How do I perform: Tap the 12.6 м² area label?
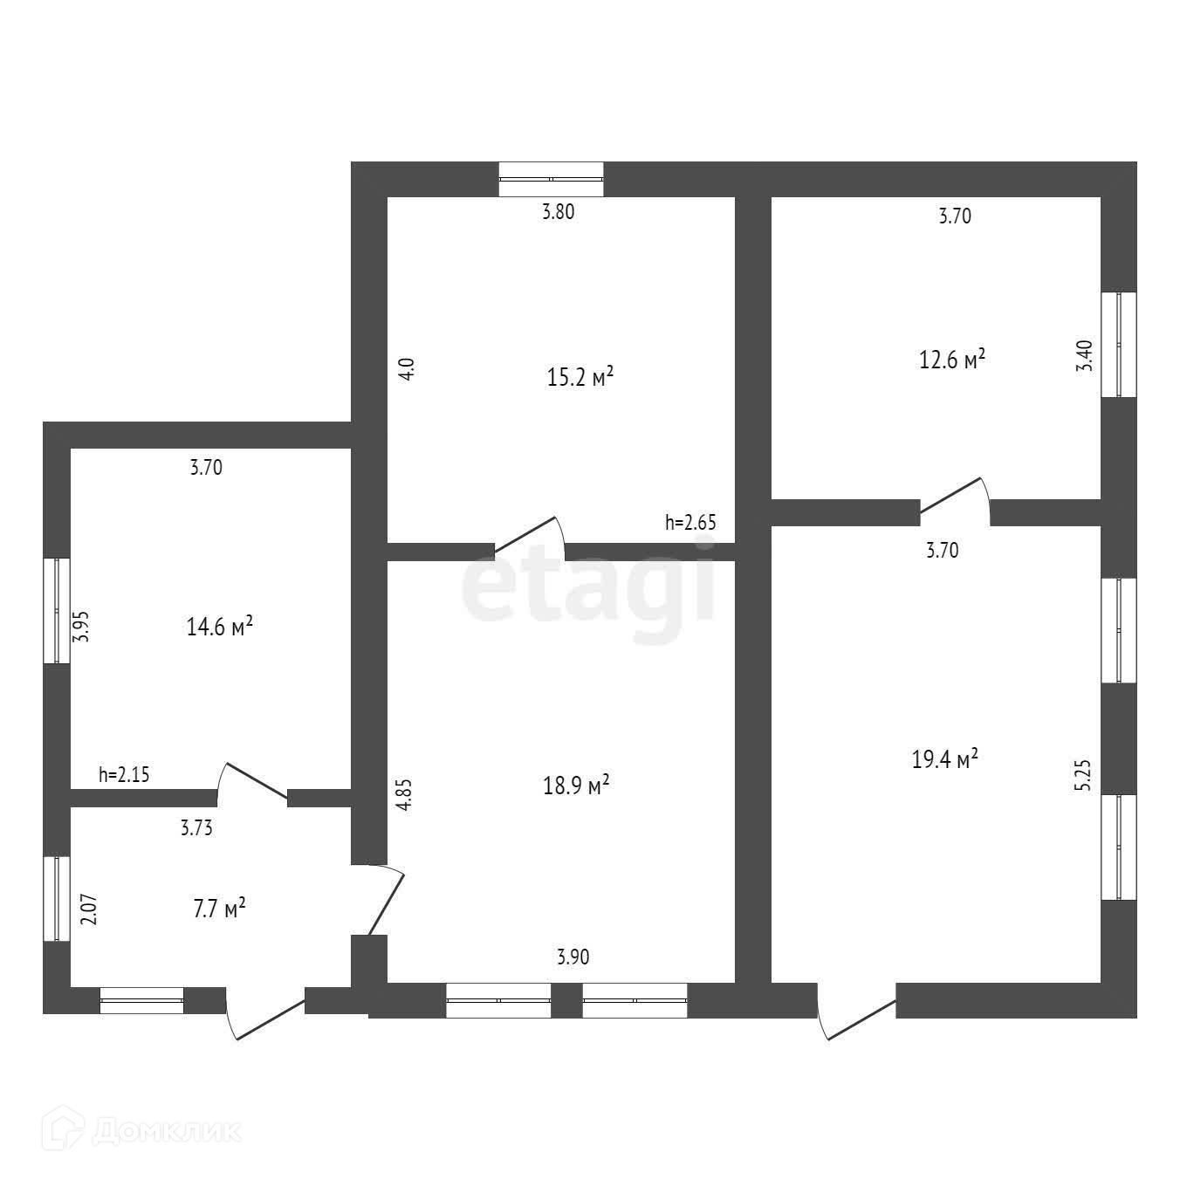pyautogui.click(x=953, y=360)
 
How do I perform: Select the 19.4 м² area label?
pyautogui.click(x=944, y=759)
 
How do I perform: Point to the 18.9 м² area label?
pyautogui.click(x=575, y=786)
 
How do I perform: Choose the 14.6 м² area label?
pyautogui.click(x=220, y=626)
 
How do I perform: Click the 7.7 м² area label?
pyautogui.click(x=218, y=909)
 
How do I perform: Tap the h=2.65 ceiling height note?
pyautogui.click(x=690, y=523)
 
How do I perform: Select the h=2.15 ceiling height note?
pyautogui.click(x=124, y=773)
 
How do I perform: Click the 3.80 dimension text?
pyautogui.click(x=559, y=211)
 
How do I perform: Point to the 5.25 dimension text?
pyautogui.click(x=1083, y=775)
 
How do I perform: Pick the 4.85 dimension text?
pyautogui.click(x=403, y=795)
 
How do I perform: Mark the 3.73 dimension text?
pyautogui.click(x=196, y=828)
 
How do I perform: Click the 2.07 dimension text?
pyautogui.click(x=87, y=909)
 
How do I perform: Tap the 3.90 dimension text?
pyautogui.click(x=573, y=957)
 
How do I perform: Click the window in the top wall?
pyautogui.click(x=551, y=180)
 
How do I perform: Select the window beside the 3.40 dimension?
pyautogui.click(x=1119, y=344)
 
